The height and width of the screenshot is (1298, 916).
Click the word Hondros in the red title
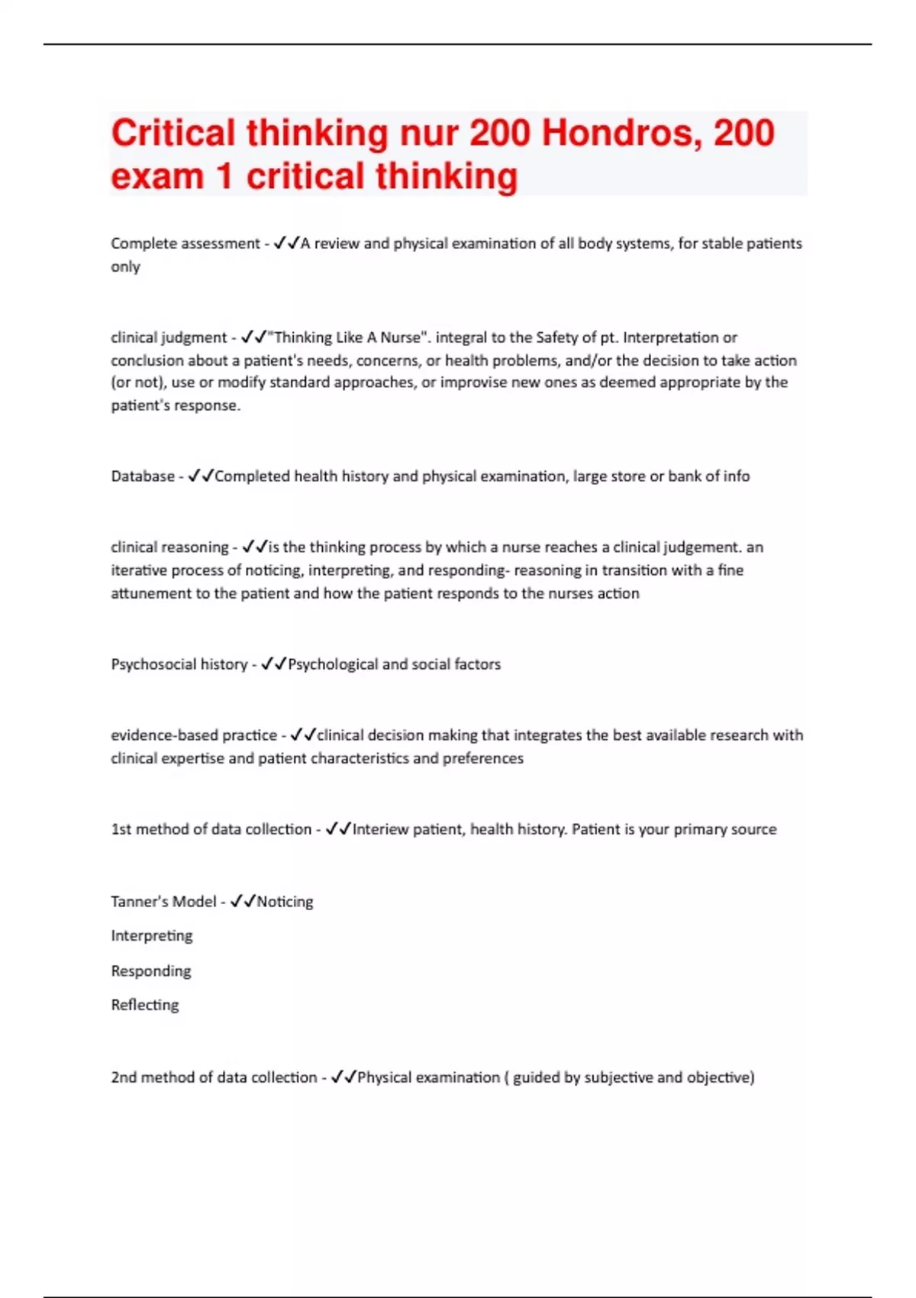[618, 134]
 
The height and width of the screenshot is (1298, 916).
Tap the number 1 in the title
[224, 176]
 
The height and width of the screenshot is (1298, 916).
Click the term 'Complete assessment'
[185, 244]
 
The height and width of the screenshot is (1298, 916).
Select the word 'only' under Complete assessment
[125, 266]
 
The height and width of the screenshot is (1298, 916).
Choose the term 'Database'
[143, 476]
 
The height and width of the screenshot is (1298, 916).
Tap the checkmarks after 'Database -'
[201, 476]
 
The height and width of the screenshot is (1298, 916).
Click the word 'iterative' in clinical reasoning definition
[139, 570]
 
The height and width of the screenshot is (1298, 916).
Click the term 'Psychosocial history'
[179, 664]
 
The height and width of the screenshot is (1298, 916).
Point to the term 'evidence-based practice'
[194, 735]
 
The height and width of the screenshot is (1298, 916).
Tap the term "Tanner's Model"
[163, 902]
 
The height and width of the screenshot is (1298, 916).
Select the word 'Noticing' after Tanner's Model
[285, 902]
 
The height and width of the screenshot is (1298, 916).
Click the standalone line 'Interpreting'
[152, 936]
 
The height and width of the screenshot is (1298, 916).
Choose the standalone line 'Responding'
[151, 971]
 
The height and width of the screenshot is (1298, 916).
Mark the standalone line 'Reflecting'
[145, 1005]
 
